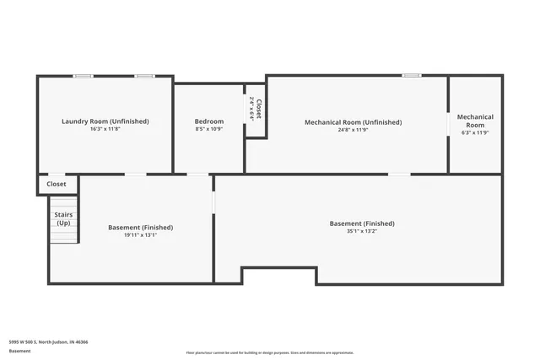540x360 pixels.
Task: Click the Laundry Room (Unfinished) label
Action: click(105, 121)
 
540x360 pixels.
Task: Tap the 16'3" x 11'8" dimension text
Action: click(105, 129)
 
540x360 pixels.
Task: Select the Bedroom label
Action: click(209, 121)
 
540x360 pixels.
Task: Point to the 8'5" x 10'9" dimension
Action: click(209, 129)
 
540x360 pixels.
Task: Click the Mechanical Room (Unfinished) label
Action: click(353, 122)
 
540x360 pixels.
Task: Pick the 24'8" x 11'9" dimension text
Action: click(353, 130)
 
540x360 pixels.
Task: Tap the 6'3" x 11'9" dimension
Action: click(475, 132)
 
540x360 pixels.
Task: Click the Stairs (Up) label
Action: click(63, 218)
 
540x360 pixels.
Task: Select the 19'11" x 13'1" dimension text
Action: click(140, 235)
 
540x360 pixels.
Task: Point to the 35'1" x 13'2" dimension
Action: click(362, 231)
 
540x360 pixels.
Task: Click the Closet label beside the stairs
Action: click(57, 184)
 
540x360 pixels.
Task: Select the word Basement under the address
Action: click(20, 352)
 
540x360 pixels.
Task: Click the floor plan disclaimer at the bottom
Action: click(269, 352)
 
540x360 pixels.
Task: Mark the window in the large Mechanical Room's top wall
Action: click(411, 76)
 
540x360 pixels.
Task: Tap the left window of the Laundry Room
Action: click(83, 76)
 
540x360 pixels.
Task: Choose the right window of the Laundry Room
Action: click(144, 76)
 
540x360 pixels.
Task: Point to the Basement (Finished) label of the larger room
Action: click(362, 223)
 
